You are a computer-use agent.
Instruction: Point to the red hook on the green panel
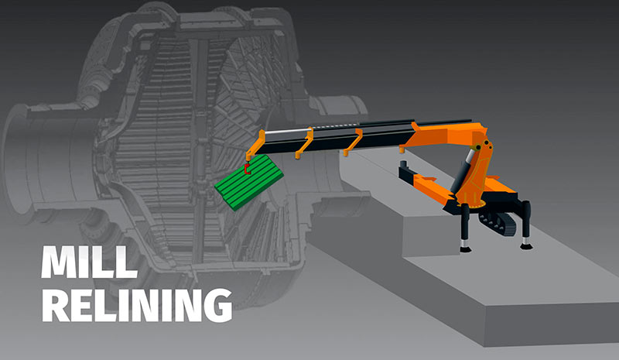pyautogui.click(x=245, y=166)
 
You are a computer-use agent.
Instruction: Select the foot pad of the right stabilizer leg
pyautogui.click(x=526, y=245)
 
